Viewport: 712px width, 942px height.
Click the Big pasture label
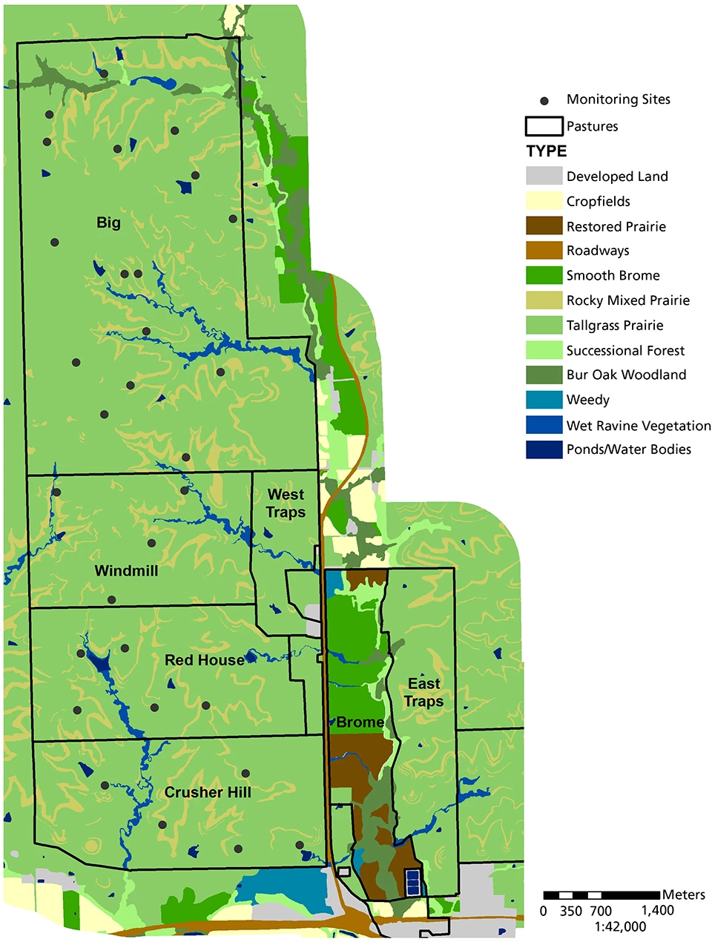coord(108,223)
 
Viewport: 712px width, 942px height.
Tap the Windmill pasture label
coord(126,570)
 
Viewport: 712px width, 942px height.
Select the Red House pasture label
coord(204,660)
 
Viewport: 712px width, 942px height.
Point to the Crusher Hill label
coord(208,792)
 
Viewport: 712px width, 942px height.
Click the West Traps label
coord(286,503)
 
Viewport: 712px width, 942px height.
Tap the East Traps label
coord(424,692)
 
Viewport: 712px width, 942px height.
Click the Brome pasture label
coord(360,722)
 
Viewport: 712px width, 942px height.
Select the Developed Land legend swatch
coord(544,176)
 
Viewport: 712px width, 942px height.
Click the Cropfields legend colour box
coord(544,201)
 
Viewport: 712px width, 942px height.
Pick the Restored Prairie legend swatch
coord(544,225)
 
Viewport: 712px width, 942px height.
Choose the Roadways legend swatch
coord(544,251)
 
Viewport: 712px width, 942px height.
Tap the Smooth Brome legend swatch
coord(544,275)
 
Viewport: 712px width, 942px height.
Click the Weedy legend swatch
coord(544,400)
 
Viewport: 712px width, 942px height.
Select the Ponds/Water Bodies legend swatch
coord(544,449)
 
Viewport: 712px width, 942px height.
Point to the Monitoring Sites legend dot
coord(544,100)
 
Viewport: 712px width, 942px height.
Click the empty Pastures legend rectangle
coord(544,126)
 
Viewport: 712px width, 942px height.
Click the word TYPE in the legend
coord(547,151)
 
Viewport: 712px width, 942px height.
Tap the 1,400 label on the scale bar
coord(657,911)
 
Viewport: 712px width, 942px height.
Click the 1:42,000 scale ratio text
coord(620,926)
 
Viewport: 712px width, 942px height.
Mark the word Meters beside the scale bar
coord(684,895)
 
